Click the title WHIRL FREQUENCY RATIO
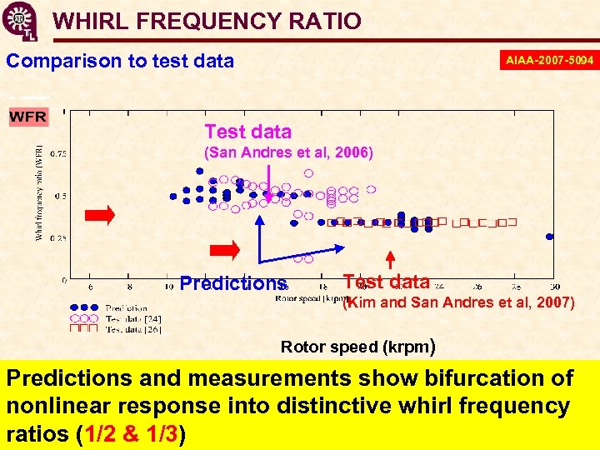point(207,22)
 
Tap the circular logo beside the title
point(19,21)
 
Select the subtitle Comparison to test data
point(120,61)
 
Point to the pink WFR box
point(27,117)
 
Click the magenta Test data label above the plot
point(248,132)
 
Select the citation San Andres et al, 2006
point(288,152)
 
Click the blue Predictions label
point(232,283)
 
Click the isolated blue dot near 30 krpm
point(549,237)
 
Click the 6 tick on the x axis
point(91,288)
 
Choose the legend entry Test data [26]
point(133,329)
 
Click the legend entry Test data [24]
point(133,319)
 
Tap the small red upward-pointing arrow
point(388,257)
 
